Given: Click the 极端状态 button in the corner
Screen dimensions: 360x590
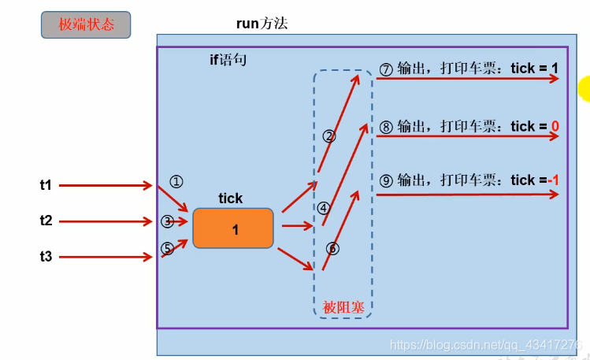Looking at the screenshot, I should (x=86, y=24).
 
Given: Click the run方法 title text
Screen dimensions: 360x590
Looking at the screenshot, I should (x=262, y=23).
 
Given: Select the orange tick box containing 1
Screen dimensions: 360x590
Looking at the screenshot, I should (x=233, y=228).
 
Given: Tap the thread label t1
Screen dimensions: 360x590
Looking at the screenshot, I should (x=46, y=185).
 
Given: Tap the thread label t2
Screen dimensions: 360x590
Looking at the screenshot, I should (x=46, y=221).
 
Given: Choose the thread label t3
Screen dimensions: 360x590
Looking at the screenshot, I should (x=46, y=257).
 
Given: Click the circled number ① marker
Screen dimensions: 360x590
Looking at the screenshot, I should (x=176, y=181).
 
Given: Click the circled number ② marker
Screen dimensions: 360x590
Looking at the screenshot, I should (x=329, y=135).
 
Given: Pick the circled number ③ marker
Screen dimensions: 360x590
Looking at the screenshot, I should (x=167, y=221).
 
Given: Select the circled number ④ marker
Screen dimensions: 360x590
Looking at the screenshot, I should (x=323, y=208).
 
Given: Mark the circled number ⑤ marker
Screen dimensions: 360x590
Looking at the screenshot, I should (x=167, y=248).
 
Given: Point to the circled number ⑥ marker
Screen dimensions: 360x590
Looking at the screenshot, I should (x=332, y=248).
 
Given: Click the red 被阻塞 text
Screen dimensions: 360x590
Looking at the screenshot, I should (x=343, y=307).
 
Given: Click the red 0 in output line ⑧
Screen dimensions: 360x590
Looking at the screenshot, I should (x=555, y=127).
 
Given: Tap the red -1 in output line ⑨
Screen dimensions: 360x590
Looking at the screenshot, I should (x=553, y=180).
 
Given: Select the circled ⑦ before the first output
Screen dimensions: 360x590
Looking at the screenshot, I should (x=386, y=69).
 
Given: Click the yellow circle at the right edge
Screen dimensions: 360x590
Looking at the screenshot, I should (x=584, y=89).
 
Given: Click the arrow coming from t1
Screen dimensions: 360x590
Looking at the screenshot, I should (x=106, y=186).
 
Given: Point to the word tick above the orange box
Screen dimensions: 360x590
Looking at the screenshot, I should (x=231, y=199).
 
